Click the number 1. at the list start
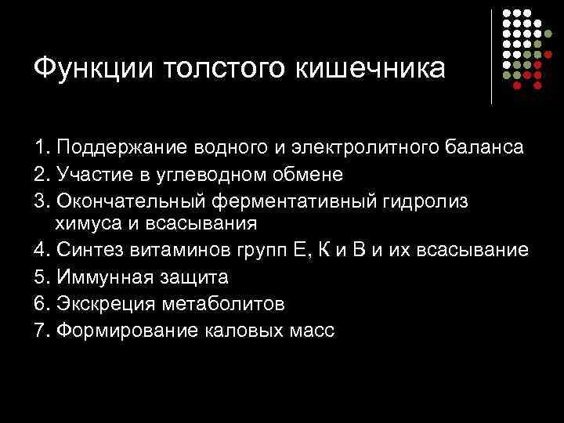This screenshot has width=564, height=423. click(42, 148)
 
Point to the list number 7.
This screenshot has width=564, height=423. click(42, 329)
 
